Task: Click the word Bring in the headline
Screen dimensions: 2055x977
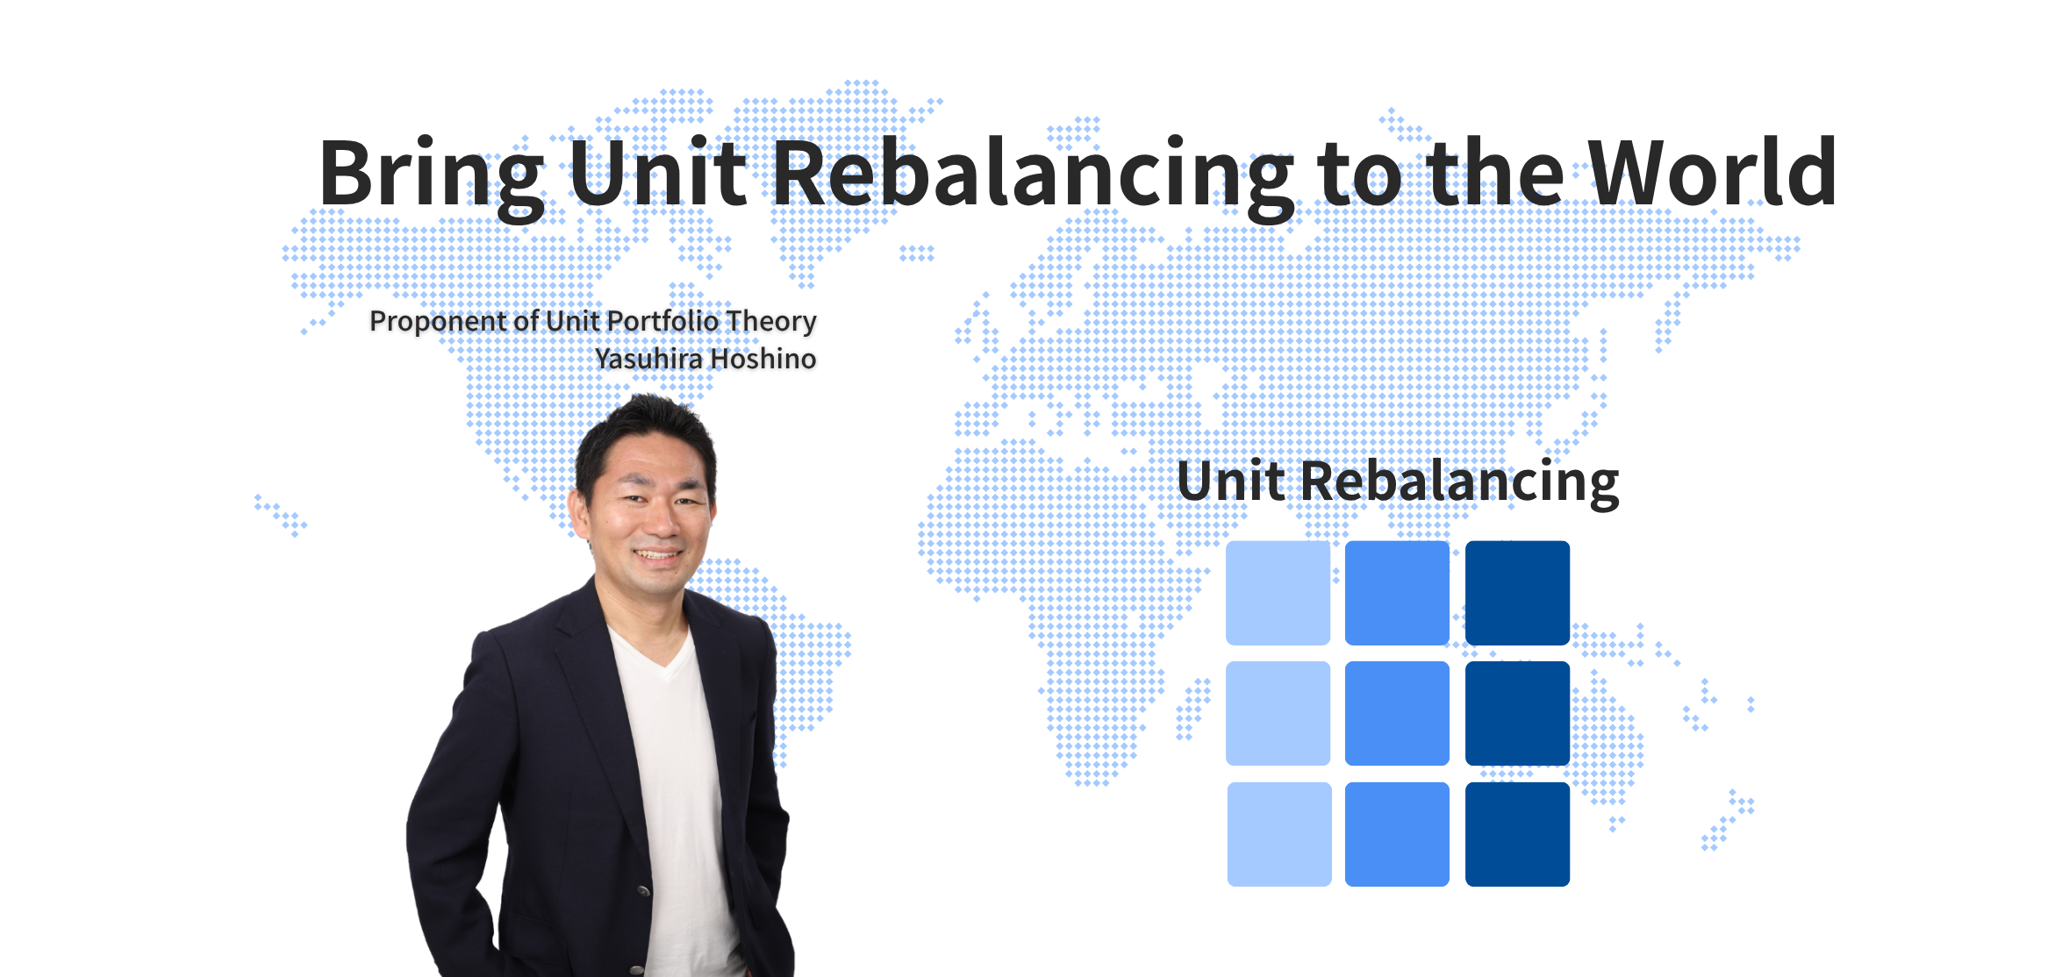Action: click(432, 175)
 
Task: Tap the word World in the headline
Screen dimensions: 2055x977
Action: click(1712, 172)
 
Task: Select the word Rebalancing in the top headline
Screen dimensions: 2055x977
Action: click(1033, 175)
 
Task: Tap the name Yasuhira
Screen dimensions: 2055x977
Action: click(648, 358)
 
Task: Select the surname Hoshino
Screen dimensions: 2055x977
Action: click(763, 358)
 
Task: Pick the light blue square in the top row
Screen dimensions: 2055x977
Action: click(1278, 593)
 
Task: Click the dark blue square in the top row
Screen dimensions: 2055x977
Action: click(1517, 593)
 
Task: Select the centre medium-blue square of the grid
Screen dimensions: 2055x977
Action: click(1397, 713)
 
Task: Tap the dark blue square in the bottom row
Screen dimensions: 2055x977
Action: click(1517, 834)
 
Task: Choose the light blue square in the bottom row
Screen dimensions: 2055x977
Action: click(1279, 834)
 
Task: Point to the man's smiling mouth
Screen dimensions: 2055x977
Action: click(659, 554)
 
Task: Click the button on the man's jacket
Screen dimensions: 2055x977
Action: click(643, 891)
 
